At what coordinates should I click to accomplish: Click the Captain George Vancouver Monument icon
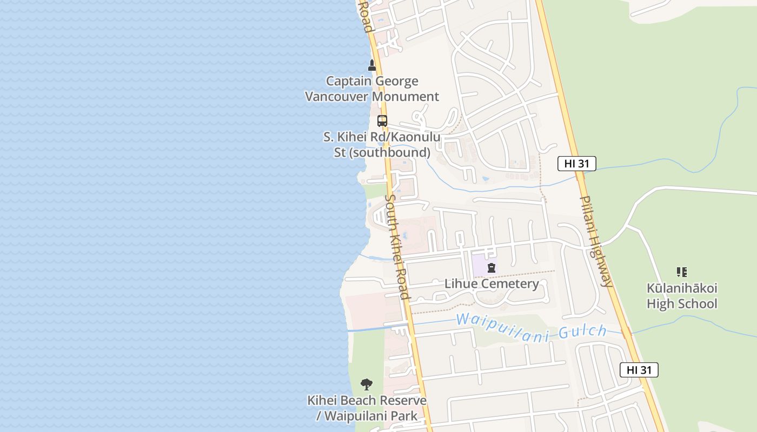tap(371, 65)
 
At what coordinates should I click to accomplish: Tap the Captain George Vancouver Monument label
tap(372, 89)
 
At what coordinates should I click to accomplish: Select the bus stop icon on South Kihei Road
tap(382, 121)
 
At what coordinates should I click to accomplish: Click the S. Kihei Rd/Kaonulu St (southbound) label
tap(382, 145)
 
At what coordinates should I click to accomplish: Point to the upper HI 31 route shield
tap(577, 164)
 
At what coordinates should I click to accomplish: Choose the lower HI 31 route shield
tap(639, 370)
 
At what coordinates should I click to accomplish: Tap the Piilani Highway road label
tap(596, 240)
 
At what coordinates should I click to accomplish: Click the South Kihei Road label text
tap(397, 246)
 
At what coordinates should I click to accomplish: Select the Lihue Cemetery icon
tap(492, 267)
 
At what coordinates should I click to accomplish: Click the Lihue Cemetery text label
tap(492, 284)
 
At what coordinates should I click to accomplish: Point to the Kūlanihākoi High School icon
tap(682, 272)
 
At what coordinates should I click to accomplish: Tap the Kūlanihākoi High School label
tap(682, 296)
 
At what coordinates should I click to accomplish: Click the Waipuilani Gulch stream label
tap(531, 327)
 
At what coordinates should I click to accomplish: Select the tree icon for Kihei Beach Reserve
tap(367, 384)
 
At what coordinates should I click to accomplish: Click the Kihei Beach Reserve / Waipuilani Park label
tap(367, 408)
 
